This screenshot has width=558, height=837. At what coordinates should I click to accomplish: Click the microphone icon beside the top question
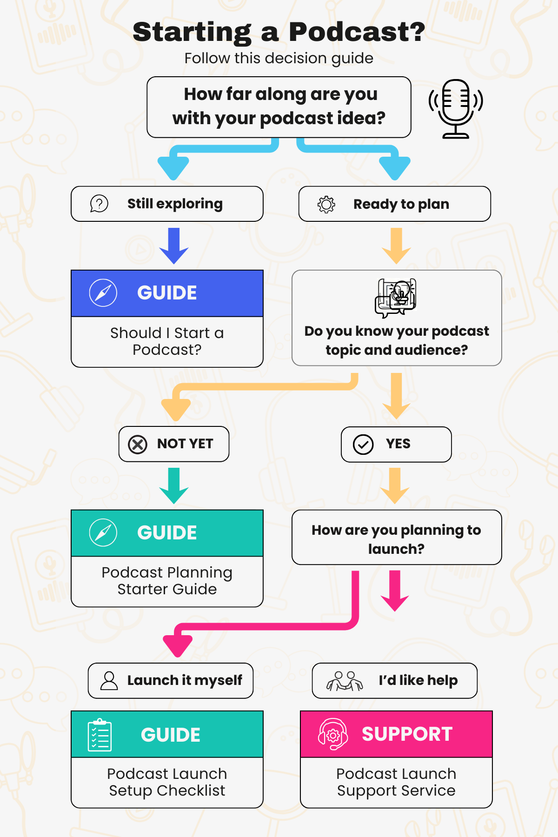pyautogui.click(x=456, y=108)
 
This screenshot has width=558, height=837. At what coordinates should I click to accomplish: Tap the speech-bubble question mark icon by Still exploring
pyautogui.click(x=99, y=204)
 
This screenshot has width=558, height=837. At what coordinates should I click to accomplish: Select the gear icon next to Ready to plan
pyautogui.click(x=326, y=204)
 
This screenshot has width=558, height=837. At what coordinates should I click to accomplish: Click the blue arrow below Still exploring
pyautogui.click(x=174, y=246)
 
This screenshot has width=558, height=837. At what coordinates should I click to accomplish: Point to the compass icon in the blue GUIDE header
pyautogui.click(x=103, y=293)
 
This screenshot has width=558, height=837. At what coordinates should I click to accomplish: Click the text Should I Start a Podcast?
pyautogui.click(x=167, y=341)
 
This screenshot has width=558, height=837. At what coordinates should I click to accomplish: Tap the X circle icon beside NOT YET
pyautogui.click(x=138, y=445)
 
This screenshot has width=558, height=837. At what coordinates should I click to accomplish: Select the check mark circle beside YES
pyautogui.click(x=363, y=445)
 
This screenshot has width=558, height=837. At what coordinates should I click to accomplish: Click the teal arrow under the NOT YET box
pyautogui.click(x=174, y=485)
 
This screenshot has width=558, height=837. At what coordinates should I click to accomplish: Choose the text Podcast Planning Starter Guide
pyautogui.click(x=167, y=581)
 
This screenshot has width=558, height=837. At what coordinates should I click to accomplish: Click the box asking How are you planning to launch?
pyautogui.click(x=397, y=538)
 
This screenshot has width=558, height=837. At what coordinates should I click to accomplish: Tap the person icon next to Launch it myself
pyautogui.click(x=109, y=681)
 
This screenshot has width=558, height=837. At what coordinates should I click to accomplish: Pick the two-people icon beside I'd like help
pyautogui.click(x=345, y=681)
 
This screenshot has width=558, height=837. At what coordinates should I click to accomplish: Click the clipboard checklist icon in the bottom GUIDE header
pyautogui.click(x=100, y=735)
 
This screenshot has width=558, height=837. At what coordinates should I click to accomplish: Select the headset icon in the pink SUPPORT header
pyautogui.click(x=332, y=734)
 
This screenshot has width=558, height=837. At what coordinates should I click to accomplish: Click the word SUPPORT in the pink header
pyautogui.click(x=407, y=734)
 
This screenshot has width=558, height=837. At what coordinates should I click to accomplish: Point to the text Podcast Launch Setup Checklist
pyautogui.click(x=167, y=782)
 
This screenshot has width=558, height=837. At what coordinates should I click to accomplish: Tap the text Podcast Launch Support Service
pyautogui.click(x=396, y=782)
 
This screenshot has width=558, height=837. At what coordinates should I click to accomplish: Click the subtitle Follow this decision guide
pyautogui.click(x=279, y=59)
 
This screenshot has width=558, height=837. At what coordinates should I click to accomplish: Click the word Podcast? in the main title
pyautogui.click(x=357, y=32)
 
